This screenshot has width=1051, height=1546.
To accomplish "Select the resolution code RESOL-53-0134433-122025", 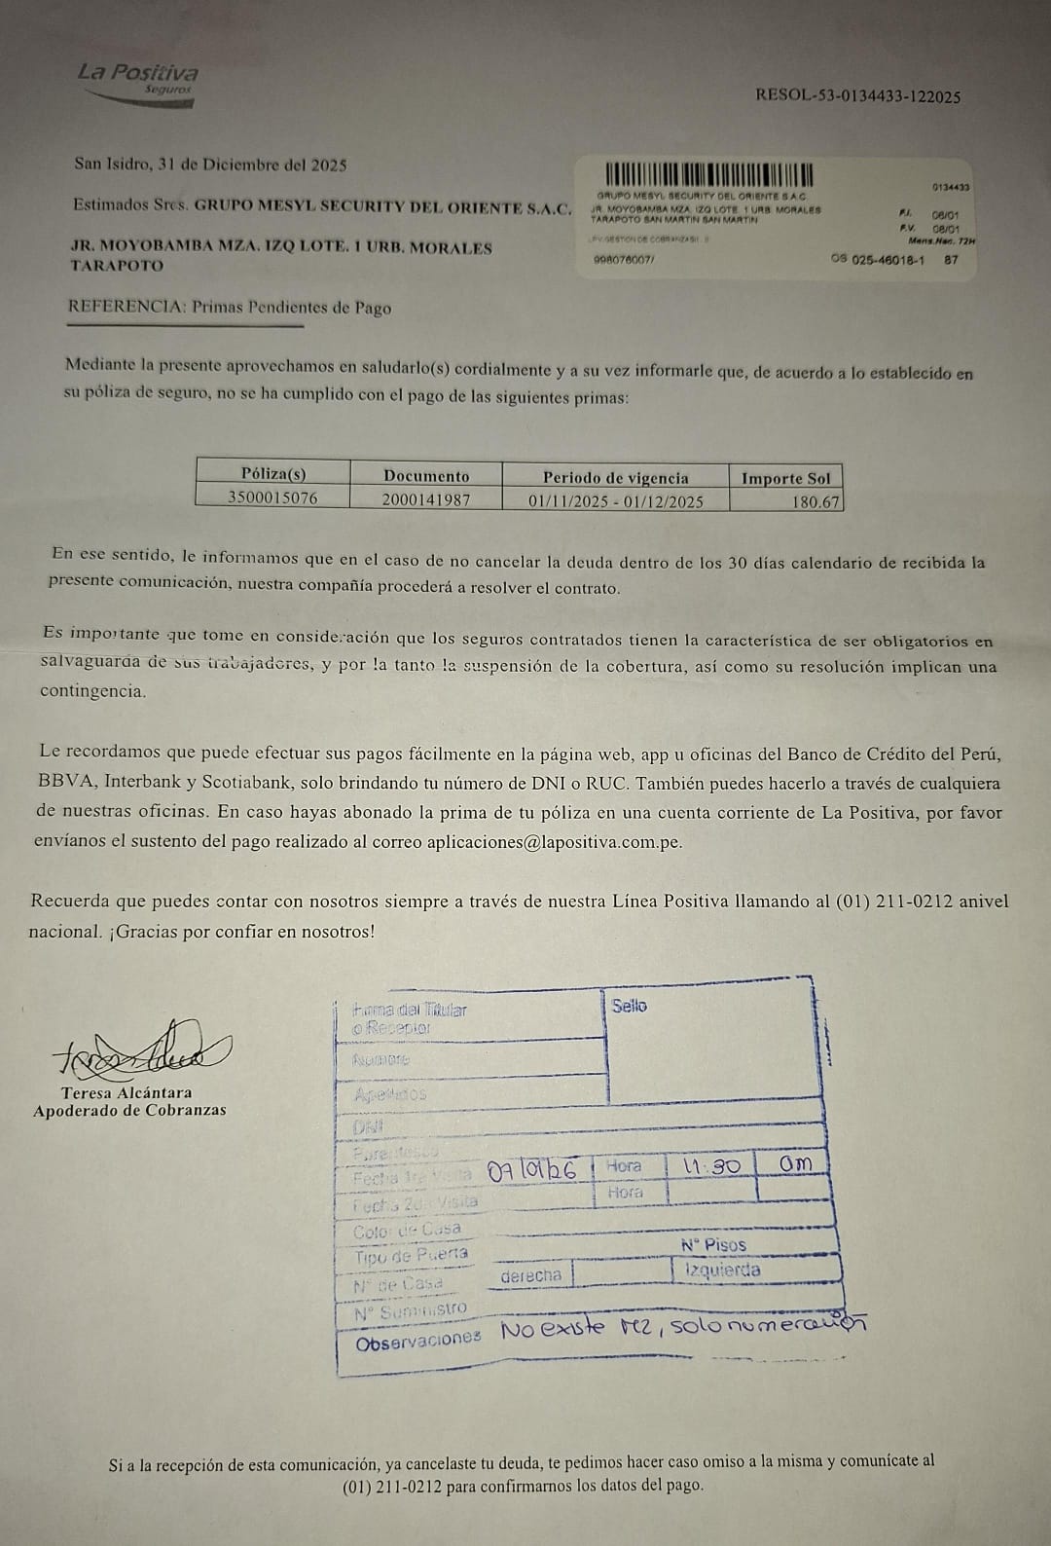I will click(x=857, y=96).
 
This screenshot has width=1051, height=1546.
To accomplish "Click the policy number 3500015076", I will click(x=272, y=497).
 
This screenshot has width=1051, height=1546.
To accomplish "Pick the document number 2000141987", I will click(x=425, y=498).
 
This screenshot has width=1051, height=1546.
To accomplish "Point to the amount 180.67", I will click(x=817, y=501).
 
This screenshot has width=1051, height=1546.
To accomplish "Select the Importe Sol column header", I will click(x=785, y=478).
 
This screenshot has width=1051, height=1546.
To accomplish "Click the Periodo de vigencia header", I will click(x=615, y=477).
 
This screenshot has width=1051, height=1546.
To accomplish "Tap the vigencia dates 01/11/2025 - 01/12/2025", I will click(x=615, y=501).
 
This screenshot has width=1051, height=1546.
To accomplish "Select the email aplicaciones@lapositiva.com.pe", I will click(x=554, y=842).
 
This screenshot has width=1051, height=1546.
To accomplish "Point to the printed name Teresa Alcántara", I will click(x=127, y=1093).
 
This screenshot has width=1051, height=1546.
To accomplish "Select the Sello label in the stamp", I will click(x=630, y=1006).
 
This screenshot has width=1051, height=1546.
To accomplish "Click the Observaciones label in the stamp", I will click(x=417, y=1340).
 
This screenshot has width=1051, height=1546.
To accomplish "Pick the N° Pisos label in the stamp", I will click(x=713, y=1245).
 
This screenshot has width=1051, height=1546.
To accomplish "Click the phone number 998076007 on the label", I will click(x=624, y=260).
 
